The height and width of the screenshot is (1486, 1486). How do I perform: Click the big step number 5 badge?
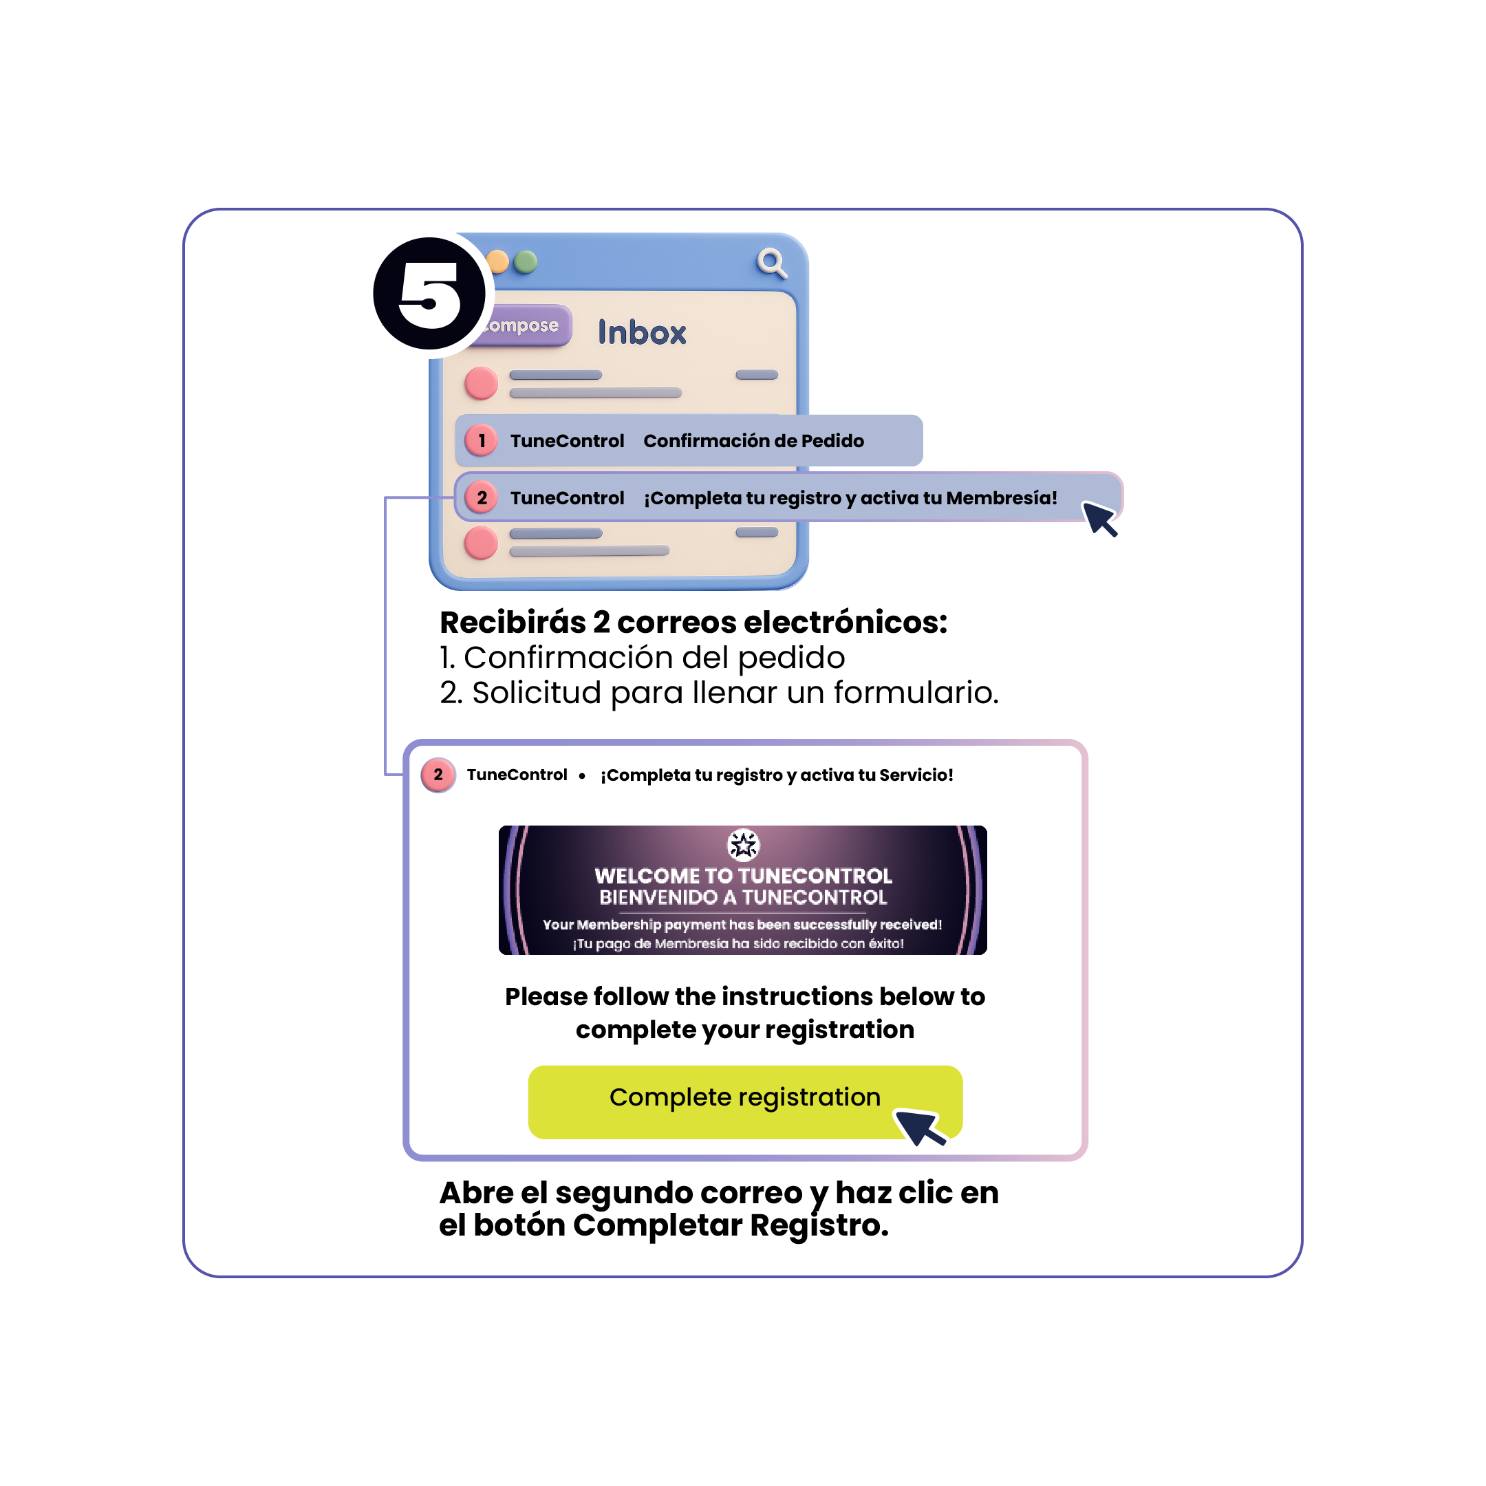tap(429, 294)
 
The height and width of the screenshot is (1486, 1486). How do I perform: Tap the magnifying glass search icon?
tap(771, 262)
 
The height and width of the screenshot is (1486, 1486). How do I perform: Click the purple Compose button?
tap(522, 325)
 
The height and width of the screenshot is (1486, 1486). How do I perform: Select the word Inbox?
tap(641, 333)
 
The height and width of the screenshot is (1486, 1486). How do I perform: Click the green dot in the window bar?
tap(526, 262)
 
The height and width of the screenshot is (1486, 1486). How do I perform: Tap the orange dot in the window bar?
tap(498, 262)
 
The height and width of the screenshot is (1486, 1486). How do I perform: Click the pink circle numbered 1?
tap(482, 441)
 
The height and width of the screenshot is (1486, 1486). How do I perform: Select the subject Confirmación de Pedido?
tap(753, 441)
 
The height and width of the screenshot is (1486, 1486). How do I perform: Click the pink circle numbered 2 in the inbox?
tap(482, 497)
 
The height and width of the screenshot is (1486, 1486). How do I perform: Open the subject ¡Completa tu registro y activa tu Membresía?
tap(850, 497)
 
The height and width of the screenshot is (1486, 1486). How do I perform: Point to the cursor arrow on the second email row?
tap(1099, 517)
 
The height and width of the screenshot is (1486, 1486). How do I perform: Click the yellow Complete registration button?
tap(744, 1101)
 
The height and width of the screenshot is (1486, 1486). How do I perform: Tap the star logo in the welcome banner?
tap(743, 846)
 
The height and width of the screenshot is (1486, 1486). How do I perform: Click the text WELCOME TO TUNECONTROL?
tap(743, 875)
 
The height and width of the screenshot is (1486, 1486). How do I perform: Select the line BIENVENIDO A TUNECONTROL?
tap(743, 897)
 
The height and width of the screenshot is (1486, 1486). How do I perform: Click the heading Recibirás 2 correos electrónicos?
tap(693, 622)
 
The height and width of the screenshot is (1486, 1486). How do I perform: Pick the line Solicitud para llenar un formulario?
tap(735, 692)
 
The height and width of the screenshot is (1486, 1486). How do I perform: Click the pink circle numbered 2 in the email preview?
tap(438, 775)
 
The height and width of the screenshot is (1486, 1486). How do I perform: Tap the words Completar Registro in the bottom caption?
tap(730, 1225)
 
